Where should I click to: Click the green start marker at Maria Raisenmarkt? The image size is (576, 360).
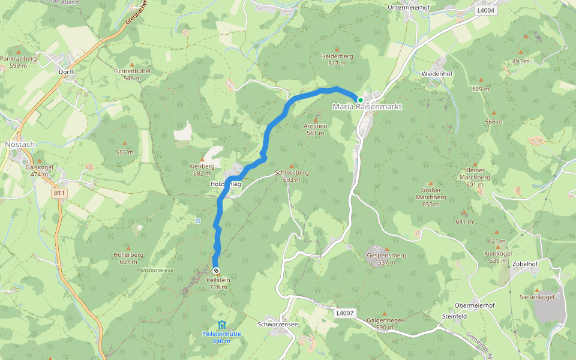click(360, 100)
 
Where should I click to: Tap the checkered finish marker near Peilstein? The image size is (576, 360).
click(216, 271)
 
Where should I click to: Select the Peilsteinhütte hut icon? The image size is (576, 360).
click(221, 325)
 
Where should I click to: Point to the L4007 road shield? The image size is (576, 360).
click(344, 313)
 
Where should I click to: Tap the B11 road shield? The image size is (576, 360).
click(59, 193)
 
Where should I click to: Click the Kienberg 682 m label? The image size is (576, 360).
click(202, 169)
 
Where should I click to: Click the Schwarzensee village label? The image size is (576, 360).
click(278, 324)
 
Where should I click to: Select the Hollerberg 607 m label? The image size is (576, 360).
click(129, 258)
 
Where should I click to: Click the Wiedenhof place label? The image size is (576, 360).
click(437, 73)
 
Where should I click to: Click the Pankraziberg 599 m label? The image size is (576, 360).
click(19, 62)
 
